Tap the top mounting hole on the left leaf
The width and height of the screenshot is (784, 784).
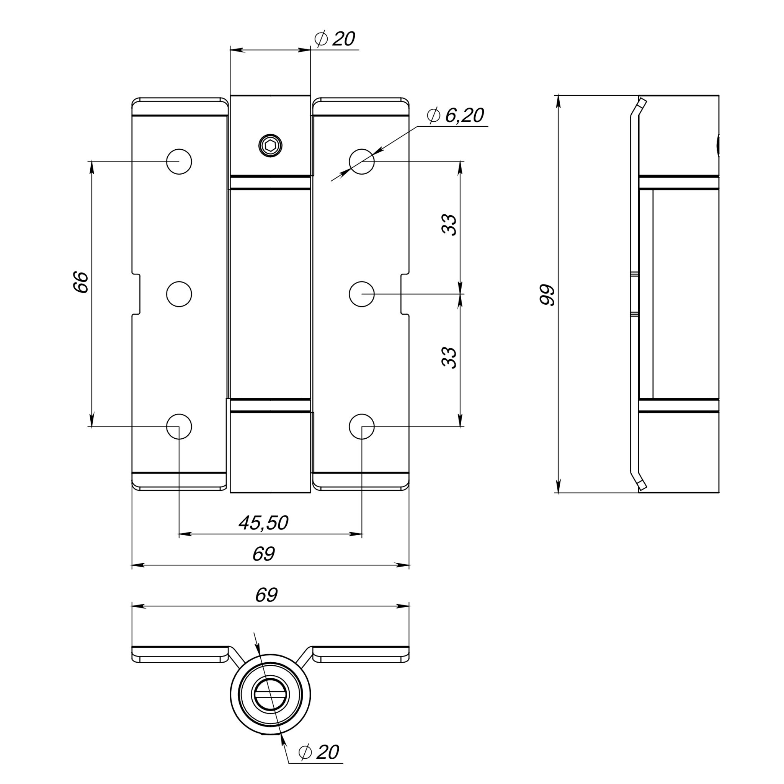coord(179,162)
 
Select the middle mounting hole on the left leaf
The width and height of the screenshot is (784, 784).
coord(179,294)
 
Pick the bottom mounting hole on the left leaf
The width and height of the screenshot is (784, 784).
coord(179,426)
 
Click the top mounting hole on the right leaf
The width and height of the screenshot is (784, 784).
coord(361,162)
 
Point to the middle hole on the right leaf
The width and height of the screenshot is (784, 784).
coord(361,294)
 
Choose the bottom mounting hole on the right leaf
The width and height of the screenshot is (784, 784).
coord(361,426)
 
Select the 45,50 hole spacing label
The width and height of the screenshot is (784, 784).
coord(263,523)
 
